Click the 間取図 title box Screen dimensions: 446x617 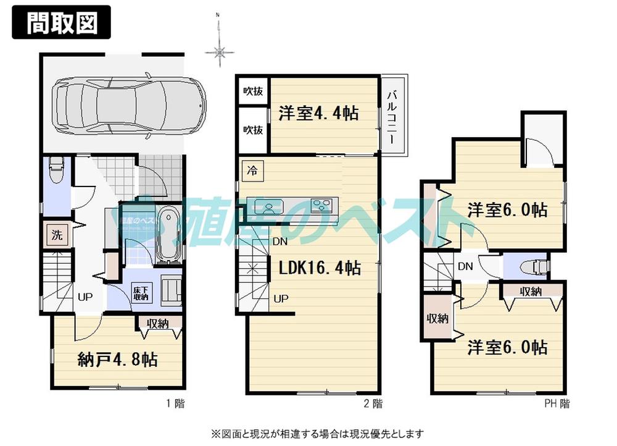tap(61, 23)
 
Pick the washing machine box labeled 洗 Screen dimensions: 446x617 tap(56, 235)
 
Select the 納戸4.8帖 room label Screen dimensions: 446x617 tap(117, 359)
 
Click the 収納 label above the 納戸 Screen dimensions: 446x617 tap(159, 322)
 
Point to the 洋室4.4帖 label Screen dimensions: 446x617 tap(318, 114)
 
